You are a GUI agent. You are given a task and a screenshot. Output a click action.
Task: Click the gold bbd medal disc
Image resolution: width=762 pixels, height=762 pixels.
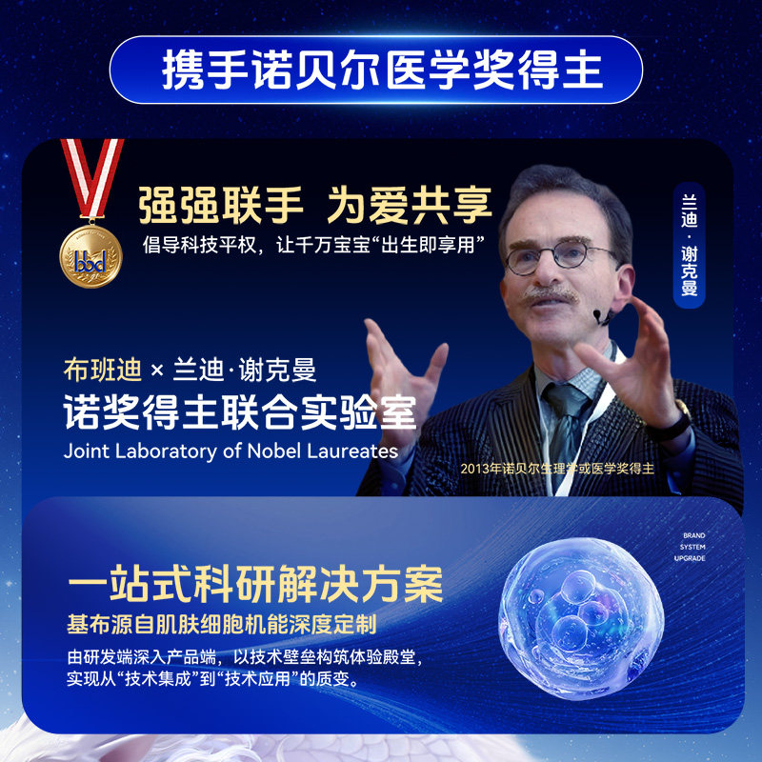pos(90,256)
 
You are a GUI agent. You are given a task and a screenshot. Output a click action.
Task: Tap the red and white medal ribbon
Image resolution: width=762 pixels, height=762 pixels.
pos(91,178)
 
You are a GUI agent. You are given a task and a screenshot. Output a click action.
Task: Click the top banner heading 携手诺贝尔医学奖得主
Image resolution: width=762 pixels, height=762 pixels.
pos(382,70)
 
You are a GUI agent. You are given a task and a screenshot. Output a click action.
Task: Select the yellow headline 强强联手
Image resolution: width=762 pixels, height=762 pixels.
pos(221,206)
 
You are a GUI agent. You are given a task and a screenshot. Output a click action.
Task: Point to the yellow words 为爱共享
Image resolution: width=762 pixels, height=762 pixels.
pos(410,206)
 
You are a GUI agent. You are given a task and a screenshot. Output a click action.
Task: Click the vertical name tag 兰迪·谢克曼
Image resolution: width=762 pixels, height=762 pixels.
pos(689,246)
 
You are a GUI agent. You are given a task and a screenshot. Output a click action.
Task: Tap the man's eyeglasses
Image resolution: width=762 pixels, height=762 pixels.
pos(559,256)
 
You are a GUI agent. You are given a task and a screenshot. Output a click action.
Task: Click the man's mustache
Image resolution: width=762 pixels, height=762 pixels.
pos(550,295)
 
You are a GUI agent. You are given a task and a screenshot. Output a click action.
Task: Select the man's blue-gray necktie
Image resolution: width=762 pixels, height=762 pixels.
pos(566,423)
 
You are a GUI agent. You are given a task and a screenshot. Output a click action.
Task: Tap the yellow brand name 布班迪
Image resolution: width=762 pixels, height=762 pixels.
pos(103,370)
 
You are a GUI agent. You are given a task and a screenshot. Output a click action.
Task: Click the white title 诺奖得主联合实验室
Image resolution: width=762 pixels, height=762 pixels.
pos(240,412)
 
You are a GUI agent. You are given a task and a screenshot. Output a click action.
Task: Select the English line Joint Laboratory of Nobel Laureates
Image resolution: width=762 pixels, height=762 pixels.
pos(231,451)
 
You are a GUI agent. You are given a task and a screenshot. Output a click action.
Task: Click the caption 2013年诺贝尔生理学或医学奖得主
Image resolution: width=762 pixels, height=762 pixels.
pos(557,469)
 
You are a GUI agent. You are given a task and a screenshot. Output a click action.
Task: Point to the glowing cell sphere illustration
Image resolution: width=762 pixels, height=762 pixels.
pos(581,618)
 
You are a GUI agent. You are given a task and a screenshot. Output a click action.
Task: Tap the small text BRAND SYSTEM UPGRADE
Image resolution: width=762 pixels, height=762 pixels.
pos(691,547)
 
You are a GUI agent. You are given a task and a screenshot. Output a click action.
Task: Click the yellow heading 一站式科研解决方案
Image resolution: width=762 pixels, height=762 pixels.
pos(255,583)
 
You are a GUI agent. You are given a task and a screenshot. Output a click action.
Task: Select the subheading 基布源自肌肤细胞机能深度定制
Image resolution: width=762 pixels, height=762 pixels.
pos(222,625)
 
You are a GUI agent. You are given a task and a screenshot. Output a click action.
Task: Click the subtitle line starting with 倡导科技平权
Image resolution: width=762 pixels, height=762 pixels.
pos(314,245)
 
